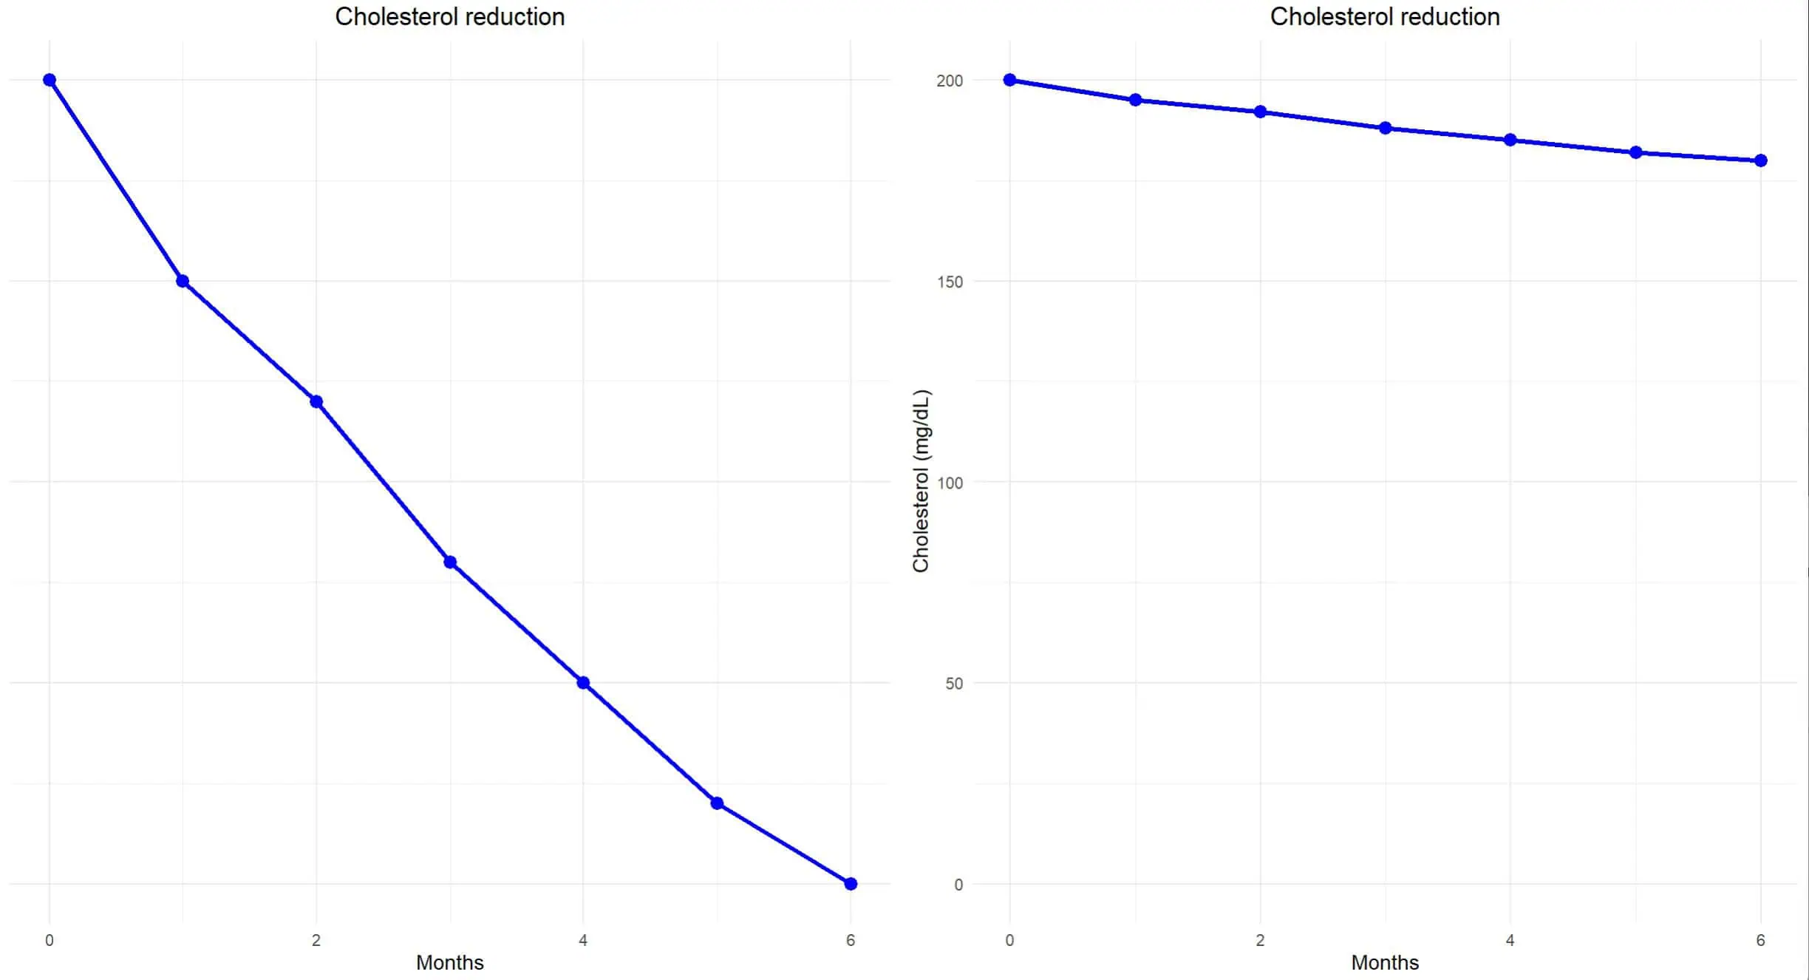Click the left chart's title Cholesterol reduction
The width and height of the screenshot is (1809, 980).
tap(449, 17)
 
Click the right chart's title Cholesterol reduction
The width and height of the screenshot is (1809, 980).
tap(1384, 17)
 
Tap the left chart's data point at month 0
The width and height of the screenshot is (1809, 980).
tap(50, 80)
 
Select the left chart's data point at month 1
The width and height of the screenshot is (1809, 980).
tap(183, 281)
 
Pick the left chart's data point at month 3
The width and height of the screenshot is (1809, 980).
tap(450, 562)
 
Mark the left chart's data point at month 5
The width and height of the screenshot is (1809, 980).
tap(717, 803)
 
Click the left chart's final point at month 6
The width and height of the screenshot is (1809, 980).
tap(851, 884)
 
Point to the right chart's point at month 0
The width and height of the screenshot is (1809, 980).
tap(1010, 80)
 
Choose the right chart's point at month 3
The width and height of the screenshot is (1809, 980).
tap(1386, 128)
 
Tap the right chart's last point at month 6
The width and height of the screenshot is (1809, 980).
tap(1761, 160)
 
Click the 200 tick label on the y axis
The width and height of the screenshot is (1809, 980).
tap(950, 81)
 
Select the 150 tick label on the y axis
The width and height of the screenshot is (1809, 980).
tap(950, 282)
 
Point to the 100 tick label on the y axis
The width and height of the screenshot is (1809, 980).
tap(950, 483)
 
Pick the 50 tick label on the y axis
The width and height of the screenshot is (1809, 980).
tap(954, 684)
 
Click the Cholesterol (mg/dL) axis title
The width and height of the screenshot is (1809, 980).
tap(921, 481)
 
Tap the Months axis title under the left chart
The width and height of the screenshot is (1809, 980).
tap(449, 962)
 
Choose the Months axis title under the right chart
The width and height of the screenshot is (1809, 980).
tap(1385, 962)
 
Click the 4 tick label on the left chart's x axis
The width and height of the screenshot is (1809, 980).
tap(583, 940)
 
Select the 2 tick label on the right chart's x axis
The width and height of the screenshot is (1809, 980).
tap(1260, 940)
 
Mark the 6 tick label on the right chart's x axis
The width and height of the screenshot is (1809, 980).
tap(1761, 940)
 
